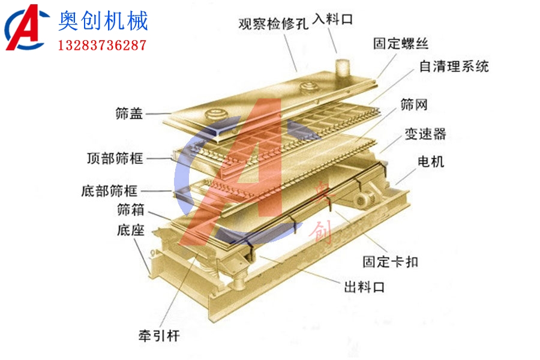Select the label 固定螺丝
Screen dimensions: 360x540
click(x=400, y=43)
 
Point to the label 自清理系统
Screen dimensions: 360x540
click(x=454, y=65)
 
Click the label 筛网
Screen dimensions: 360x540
click(x=414, y=106)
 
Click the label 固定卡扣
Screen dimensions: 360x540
click(x=391, y=262)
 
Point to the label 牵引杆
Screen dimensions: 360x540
click(x=158, y=335)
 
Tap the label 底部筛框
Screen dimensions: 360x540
click(x=109, y=191)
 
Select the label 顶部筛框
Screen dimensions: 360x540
click(x=114, y=159)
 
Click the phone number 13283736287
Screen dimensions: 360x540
click(x=102, y=45)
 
